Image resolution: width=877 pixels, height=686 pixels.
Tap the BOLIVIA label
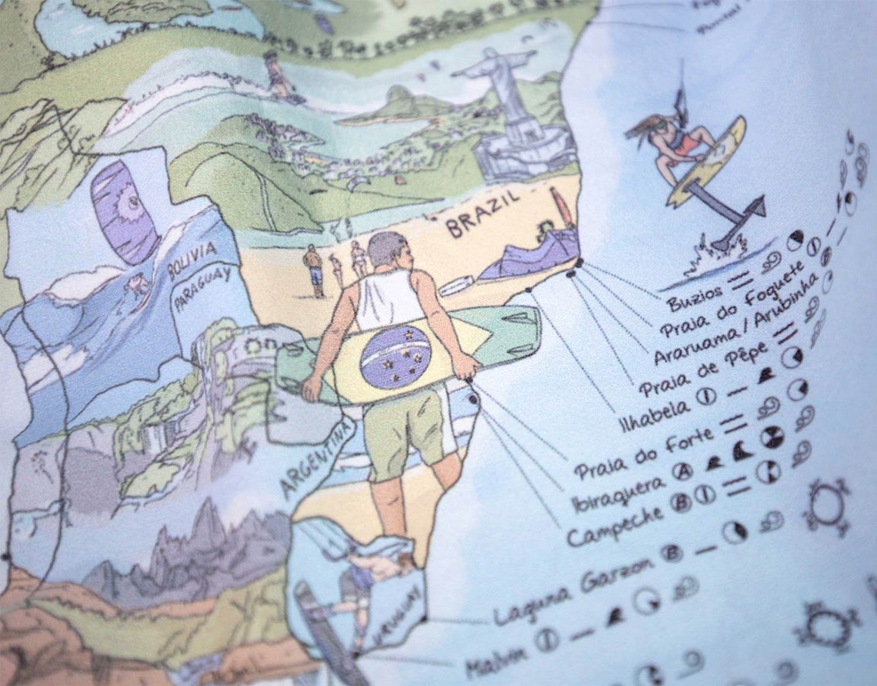[x=193, y=259]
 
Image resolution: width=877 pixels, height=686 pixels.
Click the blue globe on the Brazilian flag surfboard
[x=395, y=356]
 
